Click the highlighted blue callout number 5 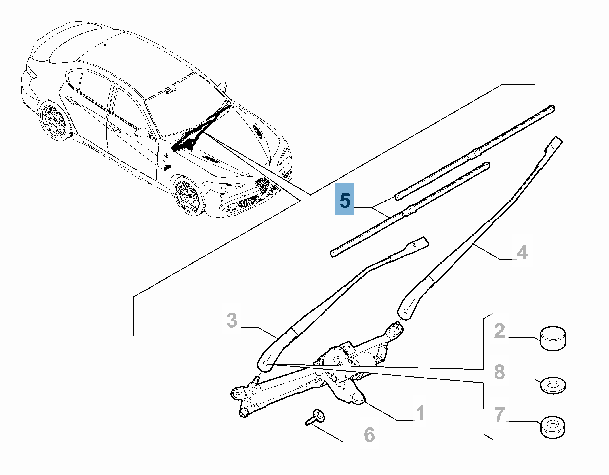coord(345,199)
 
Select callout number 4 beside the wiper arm coord(522,252)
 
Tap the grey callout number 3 coord(232,321)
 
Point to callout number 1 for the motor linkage coord(420,413)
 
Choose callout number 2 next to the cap coord(499,331)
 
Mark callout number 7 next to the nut coord(499,414)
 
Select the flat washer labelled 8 coord(553,385)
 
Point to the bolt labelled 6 coord(316,417)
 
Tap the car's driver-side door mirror coord(142,132)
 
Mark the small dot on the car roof coord(104,45)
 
